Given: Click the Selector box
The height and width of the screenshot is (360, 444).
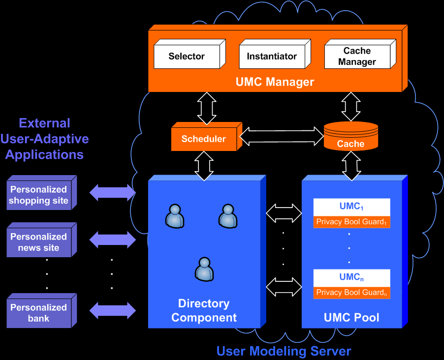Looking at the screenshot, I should [187, 57].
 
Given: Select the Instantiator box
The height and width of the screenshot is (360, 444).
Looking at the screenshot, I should [272, 57].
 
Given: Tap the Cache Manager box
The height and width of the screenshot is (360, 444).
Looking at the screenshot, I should [357, 57].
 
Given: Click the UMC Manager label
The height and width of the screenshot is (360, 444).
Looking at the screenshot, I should [275, 82].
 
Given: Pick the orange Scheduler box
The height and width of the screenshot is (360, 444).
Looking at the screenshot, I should [203, 139].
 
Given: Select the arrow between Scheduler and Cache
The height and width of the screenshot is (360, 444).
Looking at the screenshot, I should [282, 136].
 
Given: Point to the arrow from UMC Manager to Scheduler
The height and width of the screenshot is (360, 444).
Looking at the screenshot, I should [207, 108].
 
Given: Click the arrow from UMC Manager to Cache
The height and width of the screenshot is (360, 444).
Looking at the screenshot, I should [351, 106].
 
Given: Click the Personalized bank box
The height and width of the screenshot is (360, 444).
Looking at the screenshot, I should [39, 313].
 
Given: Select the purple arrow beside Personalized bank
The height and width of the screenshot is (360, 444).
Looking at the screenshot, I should [112, 310].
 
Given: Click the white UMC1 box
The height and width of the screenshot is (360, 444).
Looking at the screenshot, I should [351, 207].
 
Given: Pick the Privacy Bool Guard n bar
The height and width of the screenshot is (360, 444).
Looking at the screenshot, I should [351, 293].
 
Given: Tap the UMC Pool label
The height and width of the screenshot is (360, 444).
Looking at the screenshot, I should [351, 317].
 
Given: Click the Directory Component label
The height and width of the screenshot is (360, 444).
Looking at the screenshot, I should [204, 310].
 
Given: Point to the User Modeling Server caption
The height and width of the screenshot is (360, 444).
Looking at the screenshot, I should [284, 351].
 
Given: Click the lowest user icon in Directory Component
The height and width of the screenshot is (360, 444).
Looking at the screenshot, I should [204, 270].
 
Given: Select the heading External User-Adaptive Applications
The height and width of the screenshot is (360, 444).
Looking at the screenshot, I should [45, 139].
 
